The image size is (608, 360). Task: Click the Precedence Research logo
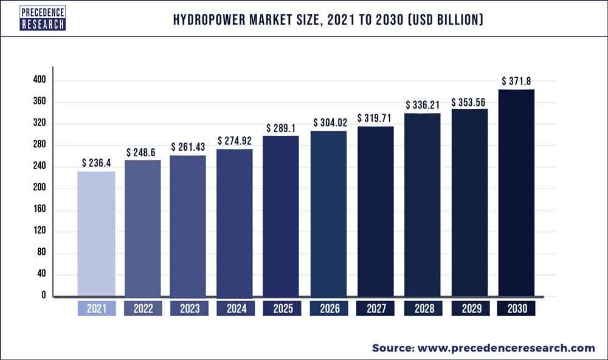click(x=43, y=18)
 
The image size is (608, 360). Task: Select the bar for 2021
click(x=96, y=234)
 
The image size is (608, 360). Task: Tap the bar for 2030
click(x=516, y=193)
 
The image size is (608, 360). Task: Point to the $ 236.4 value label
click(x=96, y=163)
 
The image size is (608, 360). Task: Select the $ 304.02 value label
click(x=330, y=122)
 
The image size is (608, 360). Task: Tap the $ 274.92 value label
click(x=236, y=140)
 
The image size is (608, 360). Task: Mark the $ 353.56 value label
click(x=469, y=101)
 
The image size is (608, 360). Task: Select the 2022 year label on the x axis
click(x=143, y=309)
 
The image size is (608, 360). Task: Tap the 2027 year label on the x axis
click(x=376, y=309)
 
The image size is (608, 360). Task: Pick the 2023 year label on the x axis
click(x=189, y=309)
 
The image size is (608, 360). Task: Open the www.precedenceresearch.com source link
click(x=506, y=348)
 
